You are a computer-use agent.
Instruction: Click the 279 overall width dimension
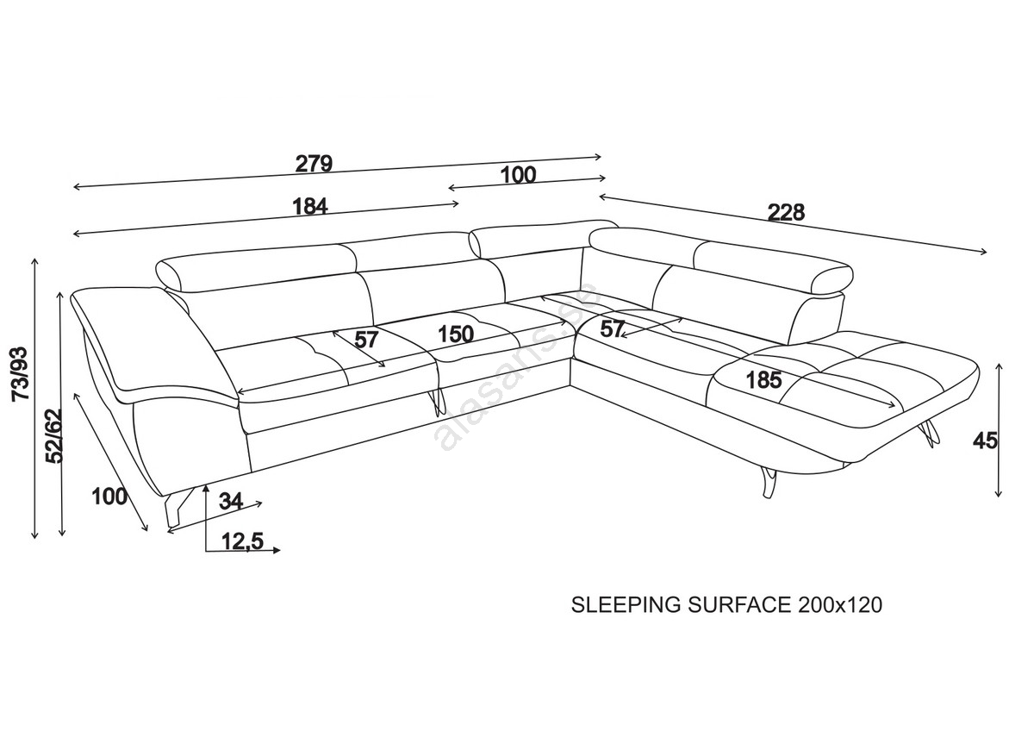pyautogui.click(x=314, y=163)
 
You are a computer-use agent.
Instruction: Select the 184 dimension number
pyautogui.click(x=310, y=207)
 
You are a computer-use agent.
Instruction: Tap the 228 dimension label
pyautogui.click(x=786, y=212)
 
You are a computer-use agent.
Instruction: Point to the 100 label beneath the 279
pyautogui.click(x=518, y=175)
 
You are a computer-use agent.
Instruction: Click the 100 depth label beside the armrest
pyautogui.click(x=109, y=497)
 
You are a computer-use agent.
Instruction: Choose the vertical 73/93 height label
pyautogui.click(x=19, y=372)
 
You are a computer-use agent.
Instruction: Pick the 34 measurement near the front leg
pyautogui.click(x=231, y=500)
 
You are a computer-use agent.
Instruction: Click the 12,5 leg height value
pyautogui.click(x=241, y=541)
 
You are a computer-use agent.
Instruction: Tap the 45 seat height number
pyautogui.click(x=984, y=440)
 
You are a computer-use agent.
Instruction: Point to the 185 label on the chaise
pyautogui.click(x=764, y=379)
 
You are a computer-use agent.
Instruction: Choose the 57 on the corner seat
pyautogui.click(x=613, y=328)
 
